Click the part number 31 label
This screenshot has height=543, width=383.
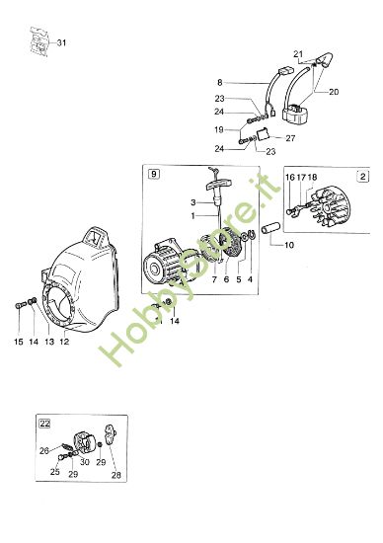point(62,42)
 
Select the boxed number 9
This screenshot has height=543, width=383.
point(153,175)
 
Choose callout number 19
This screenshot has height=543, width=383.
point(219,129)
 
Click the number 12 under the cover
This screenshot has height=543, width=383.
point(64,343)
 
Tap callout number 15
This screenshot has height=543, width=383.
point(18,343)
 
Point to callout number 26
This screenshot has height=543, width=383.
point(43,451)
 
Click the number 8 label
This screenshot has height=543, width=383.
point(220,83)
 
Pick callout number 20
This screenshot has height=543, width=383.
point(333,91)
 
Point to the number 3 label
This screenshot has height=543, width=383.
point(194,202)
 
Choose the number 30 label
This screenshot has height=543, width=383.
point(86,462)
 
